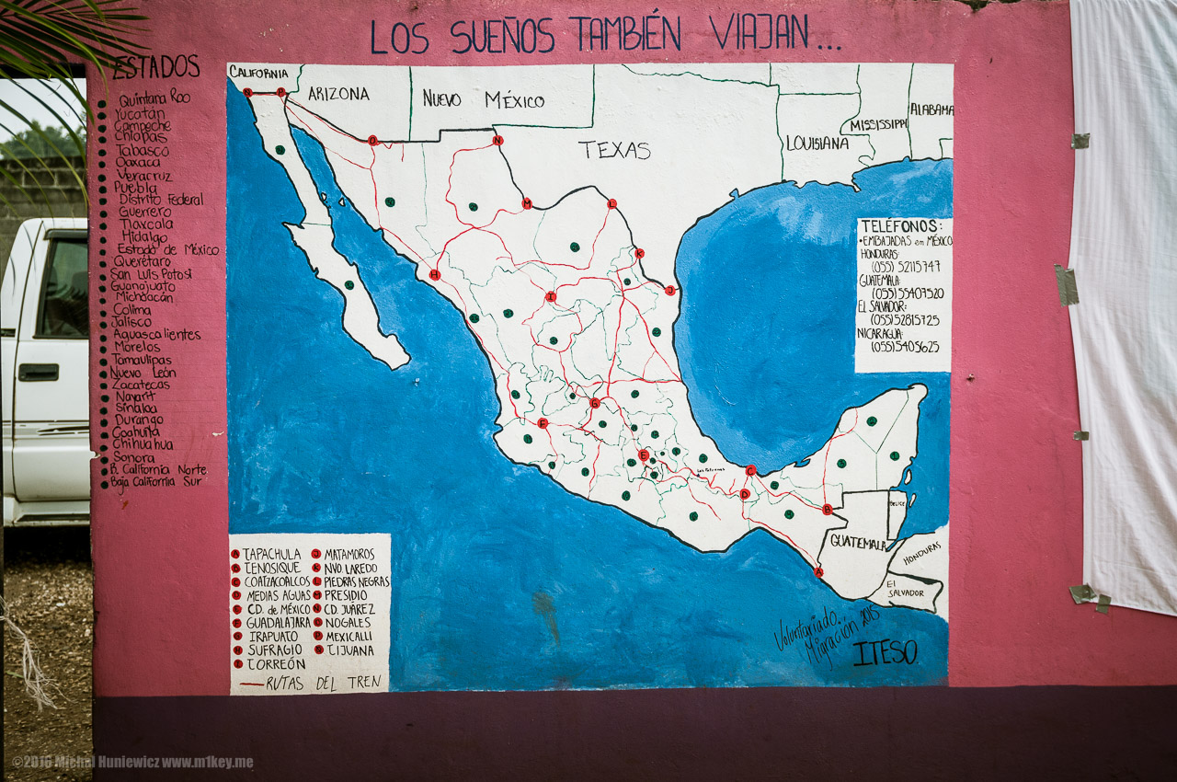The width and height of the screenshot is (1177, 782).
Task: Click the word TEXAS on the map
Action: coord(614,150)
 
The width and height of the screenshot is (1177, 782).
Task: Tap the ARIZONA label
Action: coord(338,93)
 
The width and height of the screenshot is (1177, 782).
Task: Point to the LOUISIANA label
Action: coord(817,143)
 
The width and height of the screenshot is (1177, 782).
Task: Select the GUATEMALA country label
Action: coord(858,542)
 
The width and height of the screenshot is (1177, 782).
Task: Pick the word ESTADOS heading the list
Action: coord(155,67)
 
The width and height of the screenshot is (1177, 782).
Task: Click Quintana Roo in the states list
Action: coord(154,97)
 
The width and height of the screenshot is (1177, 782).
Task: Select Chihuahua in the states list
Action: coord(142,443)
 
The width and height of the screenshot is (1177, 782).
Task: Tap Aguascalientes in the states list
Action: coord(156,334)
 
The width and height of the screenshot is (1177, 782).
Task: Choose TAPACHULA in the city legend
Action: coord(271,554)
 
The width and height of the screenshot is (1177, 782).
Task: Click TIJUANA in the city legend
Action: coord(350,650)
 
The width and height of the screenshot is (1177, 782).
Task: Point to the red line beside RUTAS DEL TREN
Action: coord(251,684)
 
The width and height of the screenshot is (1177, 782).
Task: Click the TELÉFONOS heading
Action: coord(901,226)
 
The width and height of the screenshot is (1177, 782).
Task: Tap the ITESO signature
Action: coord(885,652)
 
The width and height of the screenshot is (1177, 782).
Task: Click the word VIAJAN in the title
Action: coord(760,34)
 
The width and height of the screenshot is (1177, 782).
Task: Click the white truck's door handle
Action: coord(38,373)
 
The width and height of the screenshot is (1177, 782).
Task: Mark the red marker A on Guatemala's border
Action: coord(818,571)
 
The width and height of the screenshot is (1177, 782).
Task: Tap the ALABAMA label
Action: coord(931,109)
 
